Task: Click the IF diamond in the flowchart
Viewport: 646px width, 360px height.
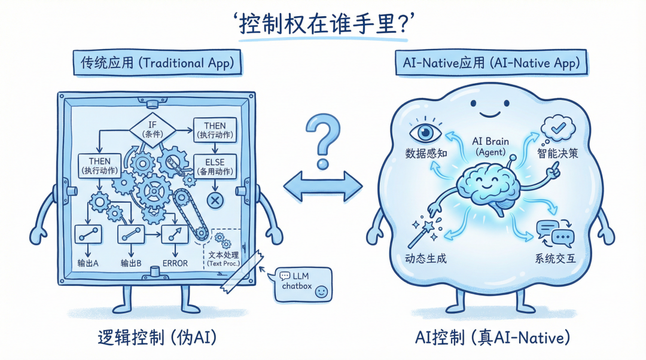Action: pos(152,129)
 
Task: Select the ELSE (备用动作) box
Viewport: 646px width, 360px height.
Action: pos(215,166)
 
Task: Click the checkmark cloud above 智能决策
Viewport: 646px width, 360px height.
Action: pos(557,127)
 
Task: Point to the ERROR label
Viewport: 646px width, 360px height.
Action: pos(175,263)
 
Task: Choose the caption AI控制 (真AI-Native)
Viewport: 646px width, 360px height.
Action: pos(492,338)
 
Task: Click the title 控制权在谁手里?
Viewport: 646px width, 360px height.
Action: pos(323,25)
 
